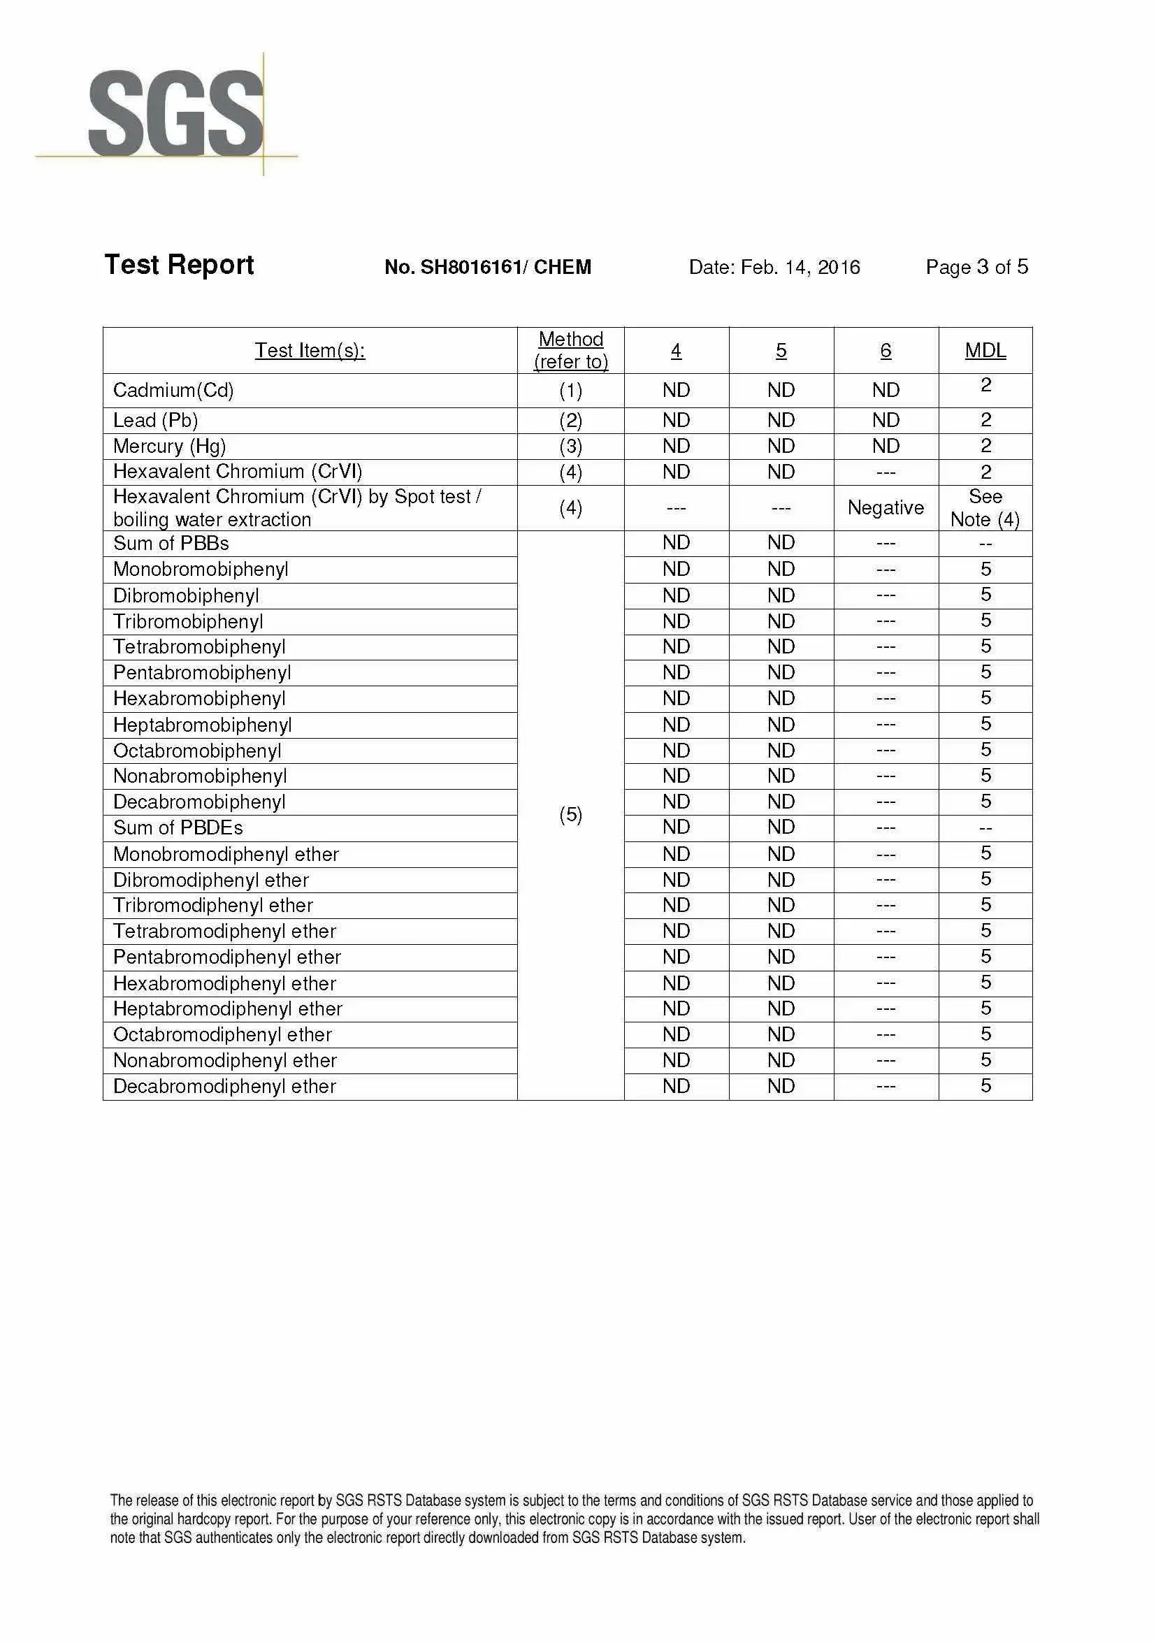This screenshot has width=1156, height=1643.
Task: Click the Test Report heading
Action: (179, 265)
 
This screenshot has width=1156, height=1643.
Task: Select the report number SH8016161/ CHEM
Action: (487, 267)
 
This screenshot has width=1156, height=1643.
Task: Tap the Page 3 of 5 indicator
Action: (976, 267)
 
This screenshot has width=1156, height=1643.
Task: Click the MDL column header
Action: (985, 351)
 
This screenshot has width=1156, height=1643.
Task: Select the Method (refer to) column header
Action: (570, 350)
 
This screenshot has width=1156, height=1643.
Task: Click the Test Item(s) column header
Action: (310, 351)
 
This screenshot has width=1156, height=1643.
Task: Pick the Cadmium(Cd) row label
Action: (173, 390)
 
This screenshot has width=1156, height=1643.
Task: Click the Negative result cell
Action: (886, 507)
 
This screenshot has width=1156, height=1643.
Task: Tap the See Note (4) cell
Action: (985, 507)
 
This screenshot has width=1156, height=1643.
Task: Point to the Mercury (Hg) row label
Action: (169, 447)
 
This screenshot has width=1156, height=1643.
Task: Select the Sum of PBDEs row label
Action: (178, 828)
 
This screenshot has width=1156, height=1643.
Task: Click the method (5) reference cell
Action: (570, 814)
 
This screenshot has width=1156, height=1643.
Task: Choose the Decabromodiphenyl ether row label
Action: (224, 1086)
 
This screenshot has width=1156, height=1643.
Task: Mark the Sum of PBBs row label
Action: (171, 543)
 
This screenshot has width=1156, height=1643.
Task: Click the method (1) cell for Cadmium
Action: (570, 390)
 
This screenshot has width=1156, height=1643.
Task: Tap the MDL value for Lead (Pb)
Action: (985, 419)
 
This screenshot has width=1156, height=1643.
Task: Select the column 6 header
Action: (886, 351)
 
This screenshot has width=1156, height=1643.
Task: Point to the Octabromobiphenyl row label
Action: (197, 751)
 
